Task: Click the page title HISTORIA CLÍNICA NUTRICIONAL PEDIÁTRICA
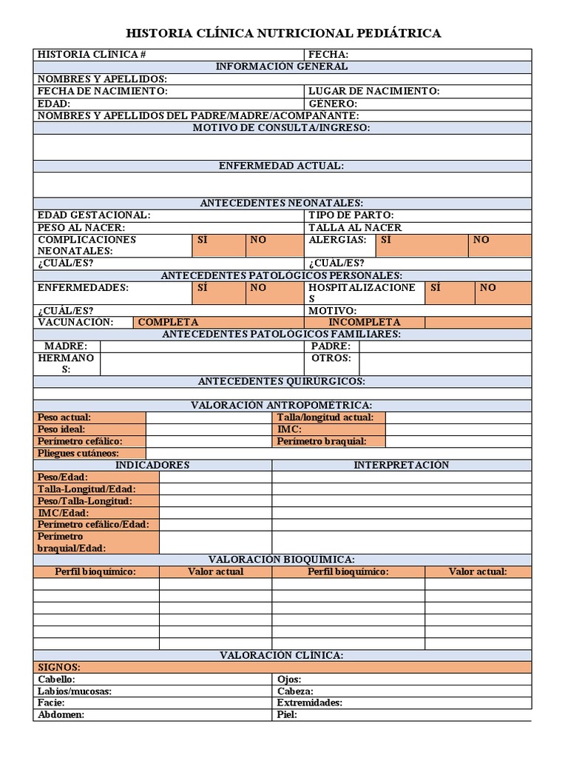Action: pos(284,33)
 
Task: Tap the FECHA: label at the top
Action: pos(328,54)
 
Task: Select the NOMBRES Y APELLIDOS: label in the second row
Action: pos(102,78)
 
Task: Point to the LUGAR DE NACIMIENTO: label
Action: pos(373,91)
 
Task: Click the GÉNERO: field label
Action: pos(333,104)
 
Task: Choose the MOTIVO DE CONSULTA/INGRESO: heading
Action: pos(282,127)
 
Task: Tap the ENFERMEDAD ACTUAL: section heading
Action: pos(282,166)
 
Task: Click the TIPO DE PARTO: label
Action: pos(351,215)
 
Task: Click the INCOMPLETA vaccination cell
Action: pos(365,322)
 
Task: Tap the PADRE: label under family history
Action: pos(331,346)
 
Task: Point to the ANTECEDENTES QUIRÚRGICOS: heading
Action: pos(282,381)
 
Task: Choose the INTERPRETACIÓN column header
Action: pos(401,465)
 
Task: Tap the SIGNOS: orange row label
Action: pos(58,667)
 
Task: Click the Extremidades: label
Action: pos(309,702)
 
